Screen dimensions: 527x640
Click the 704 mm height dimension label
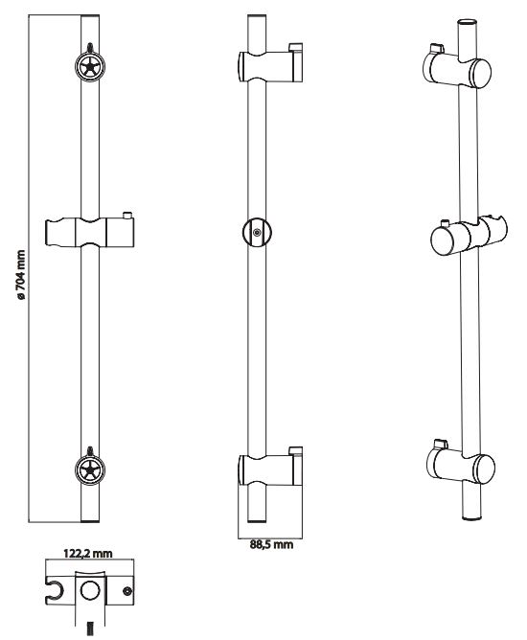(x=21, y=276)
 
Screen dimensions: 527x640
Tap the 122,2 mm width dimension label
(x=88, y=554)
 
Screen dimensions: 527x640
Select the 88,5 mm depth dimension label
(x=271, y=544)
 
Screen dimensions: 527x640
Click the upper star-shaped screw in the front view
(x=90, y=66)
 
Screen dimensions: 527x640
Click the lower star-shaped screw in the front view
(x=90, y=470)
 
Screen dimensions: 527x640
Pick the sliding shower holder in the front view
(x=90, y=232)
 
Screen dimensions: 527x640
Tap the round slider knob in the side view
(x=257, y=233)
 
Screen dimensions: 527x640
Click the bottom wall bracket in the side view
(x=270, y=469)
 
